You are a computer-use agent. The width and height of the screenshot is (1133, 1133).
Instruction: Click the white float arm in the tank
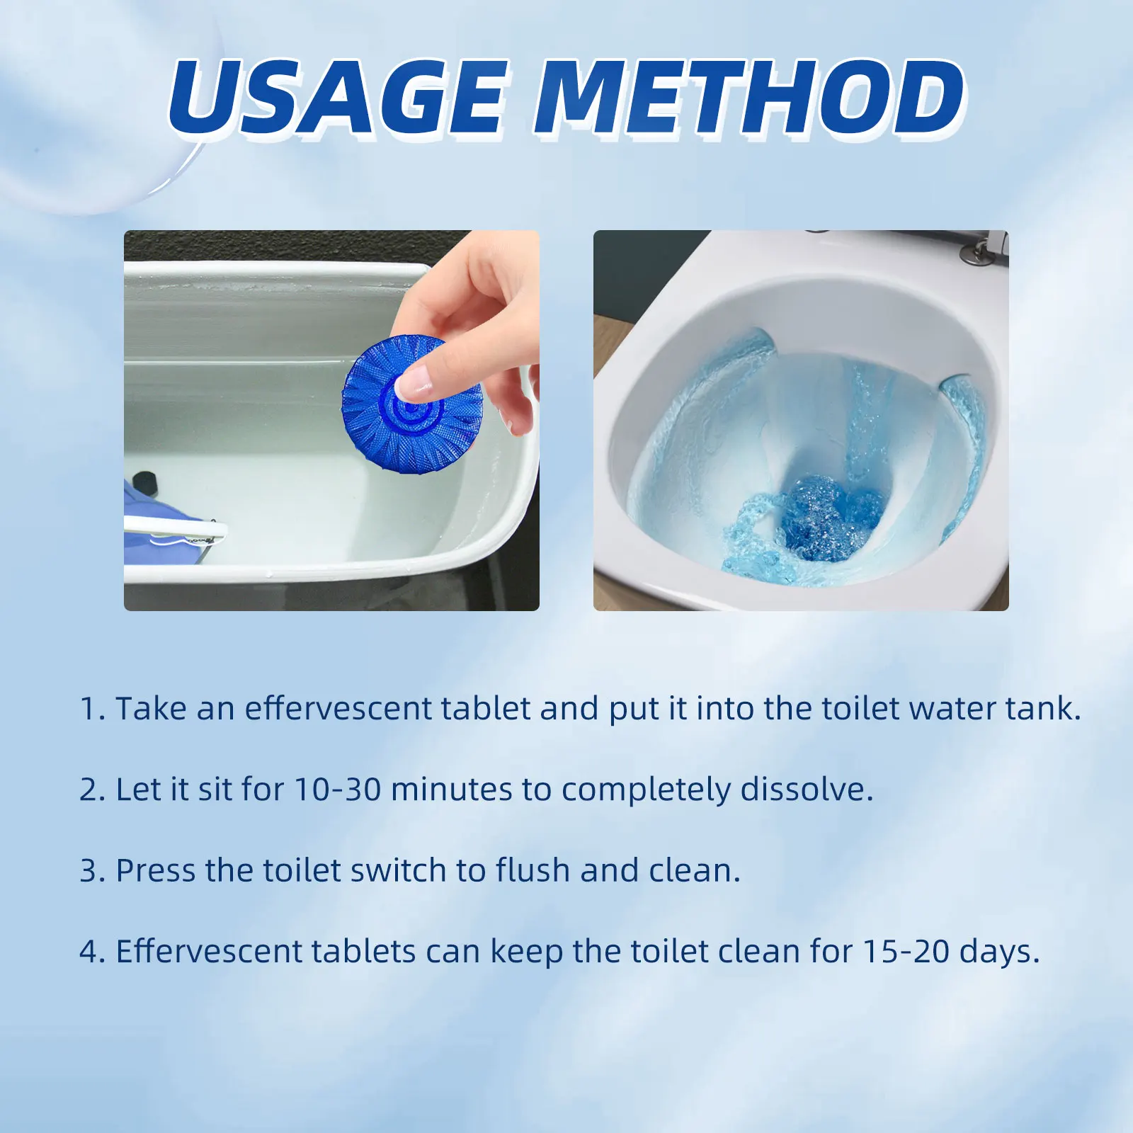coord(177,528)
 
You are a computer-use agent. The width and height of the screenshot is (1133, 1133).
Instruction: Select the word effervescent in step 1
coord(338,709)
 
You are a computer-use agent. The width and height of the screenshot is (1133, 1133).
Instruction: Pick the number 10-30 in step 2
coord(338,790)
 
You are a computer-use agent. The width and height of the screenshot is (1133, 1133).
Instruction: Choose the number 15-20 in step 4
coord(906,951)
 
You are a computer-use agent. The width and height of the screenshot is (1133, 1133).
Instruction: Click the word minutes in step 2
coord(451,790)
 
